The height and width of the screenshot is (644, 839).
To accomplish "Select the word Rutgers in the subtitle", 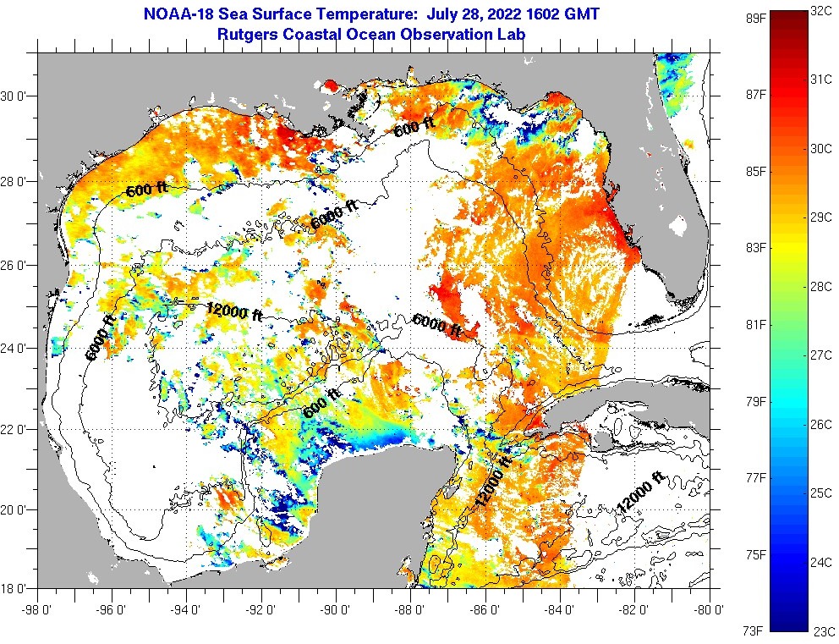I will pyautogui.click(x=248, y=35).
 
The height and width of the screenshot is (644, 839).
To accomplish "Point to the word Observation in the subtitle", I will pyautogui.click(x=452, y=35).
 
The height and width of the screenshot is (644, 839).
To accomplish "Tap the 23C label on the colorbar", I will pyautogui.click(x=823, y=630).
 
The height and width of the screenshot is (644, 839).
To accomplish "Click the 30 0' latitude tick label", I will pyautogui.click(x=18, y=96).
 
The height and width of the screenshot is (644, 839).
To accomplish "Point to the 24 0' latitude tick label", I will pyautogui.click(x=18, y=347).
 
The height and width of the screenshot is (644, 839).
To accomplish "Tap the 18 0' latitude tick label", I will pyautogui.click(x=18, y=587).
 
